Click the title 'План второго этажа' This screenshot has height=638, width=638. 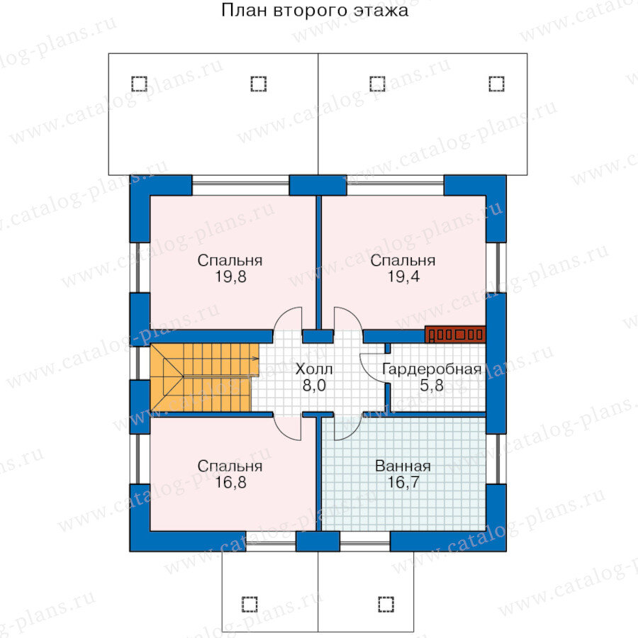coord(315,12)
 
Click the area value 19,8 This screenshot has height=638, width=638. coord(230,277)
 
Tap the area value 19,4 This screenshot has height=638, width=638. coord(403,277)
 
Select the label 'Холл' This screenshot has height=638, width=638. coord(313,369)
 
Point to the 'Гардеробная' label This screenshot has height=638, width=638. coord(432,369)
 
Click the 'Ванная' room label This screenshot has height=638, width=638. coord(403,466)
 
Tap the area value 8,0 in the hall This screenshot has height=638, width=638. coord(313,386)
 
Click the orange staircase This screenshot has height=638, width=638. coord(202,376)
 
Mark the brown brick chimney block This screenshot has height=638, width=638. coord(455,334)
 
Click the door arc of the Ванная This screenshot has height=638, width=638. coord(347,427)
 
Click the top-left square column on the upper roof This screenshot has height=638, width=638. coord(139,84)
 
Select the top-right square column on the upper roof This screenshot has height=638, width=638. coord(496,84)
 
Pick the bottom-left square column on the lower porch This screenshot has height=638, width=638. coord(249,603)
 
